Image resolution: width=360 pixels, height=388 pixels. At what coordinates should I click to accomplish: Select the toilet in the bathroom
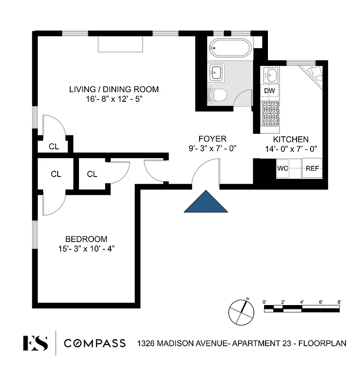pyautogui.click(x=218, y=94)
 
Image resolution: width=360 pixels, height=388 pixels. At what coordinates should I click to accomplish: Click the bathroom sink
pyautogui.click(x=216, y=73)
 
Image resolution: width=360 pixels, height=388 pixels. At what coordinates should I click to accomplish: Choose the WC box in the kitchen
pyautogui.click(x=283, y=169)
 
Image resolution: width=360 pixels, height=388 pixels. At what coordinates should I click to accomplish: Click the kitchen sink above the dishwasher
pyautogui.click(x=271, y=75)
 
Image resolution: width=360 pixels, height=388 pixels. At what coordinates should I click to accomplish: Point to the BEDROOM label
pyautogui.click(x=86, y=239)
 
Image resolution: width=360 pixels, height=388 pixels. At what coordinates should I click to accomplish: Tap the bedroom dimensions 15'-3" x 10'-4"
pyautogui.click(x=86, y=248)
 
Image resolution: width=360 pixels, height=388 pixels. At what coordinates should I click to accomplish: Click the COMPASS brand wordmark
pyautogui.click(x=95, y=343)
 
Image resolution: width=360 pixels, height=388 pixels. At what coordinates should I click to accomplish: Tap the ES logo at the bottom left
pyautogui.click(x=35, y=343)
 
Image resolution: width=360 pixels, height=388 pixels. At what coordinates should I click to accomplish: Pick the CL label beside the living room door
pyautogui.click(x=53, y=146)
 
